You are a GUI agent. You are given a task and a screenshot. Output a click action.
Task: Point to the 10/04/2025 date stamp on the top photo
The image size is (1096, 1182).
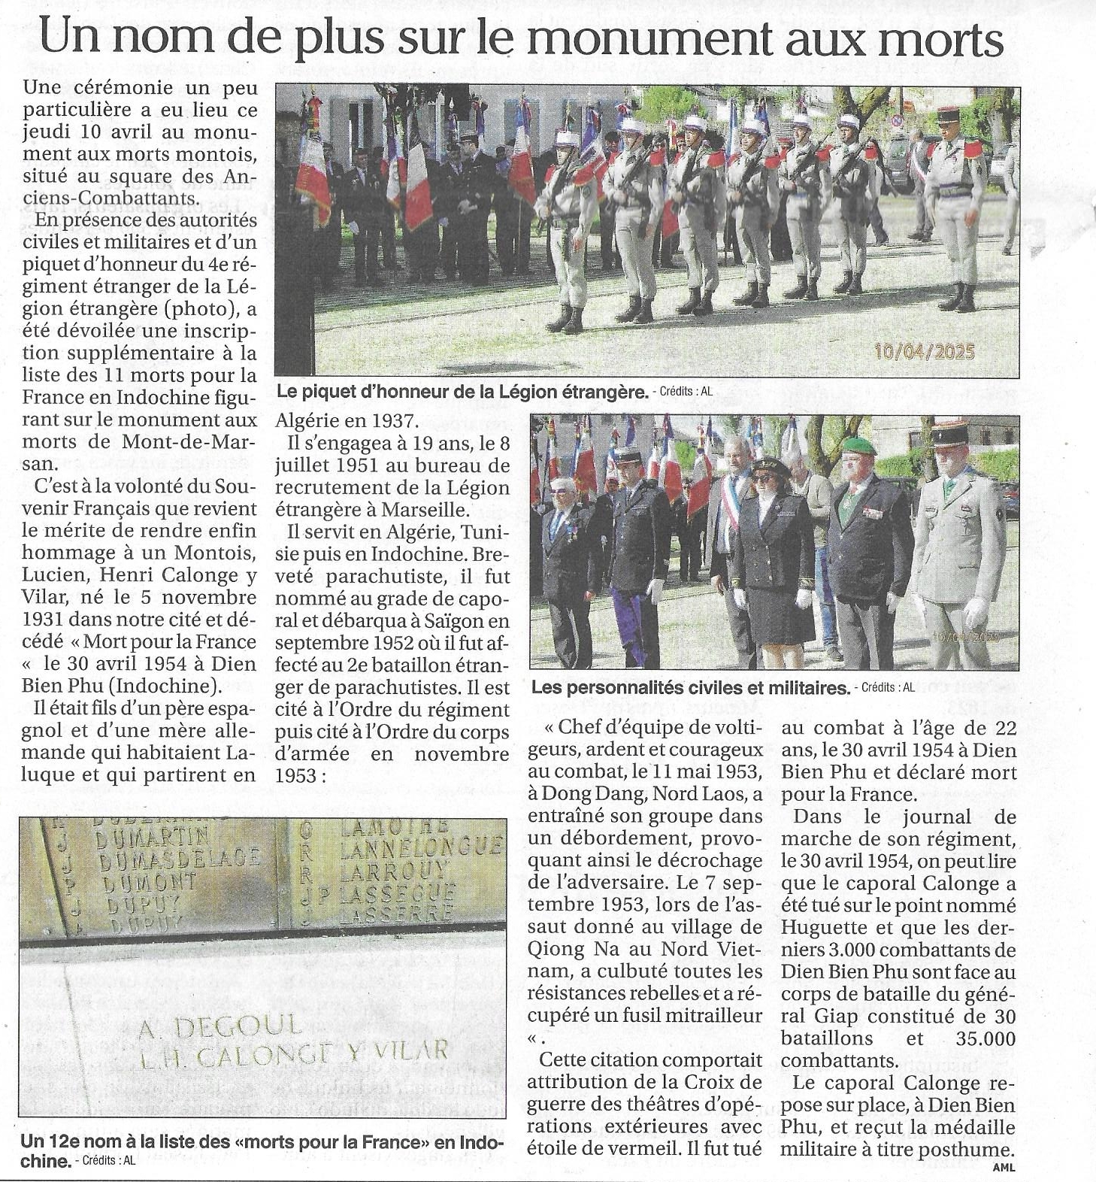(924, 351)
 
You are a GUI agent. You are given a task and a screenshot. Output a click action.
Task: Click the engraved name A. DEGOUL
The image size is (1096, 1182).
(220, 1026)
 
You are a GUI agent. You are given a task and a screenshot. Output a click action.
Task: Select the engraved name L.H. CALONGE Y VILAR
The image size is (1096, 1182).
(293, 1053)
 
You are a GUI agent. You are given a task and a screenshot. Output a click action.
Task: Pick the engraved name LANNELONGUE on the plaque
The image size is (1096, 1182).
(420, 847)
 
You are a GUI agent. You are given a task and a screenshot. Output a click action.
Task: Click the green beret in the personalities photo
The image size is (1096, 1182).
(858, 446)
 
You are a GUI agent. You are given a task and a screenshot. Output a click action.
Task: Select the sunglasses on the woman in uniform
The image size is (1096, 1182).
(763, 477)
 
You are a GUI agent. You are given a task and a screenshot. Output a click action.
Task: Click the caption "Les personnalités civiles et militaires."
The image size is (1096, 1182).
(689, 688)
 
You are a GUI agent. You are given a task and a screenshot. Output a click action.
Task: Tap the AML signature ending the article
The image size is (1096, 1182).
(1003, 1167)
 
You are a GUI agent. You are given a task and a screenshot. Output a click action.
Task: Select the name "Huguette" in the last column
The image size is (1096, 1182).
(823, 928)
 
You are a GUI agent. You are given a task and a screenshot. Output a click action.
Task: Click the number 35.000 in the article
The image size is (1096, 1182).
(974, 1038)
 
